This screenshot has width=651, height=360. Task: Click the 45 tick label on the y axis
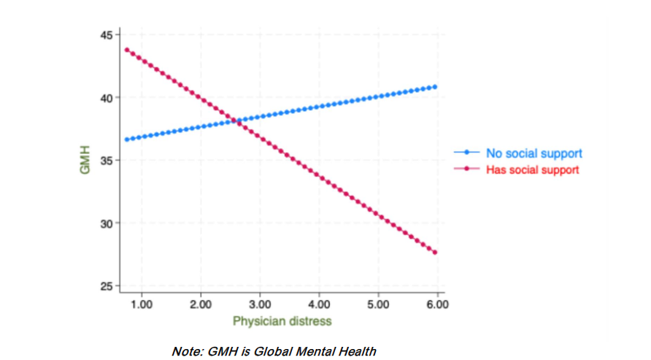coord(107,34)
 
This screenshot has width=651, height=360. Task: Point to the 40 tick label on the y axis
coord(107,97)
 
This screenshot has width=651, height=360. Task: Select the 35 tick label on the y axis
coord(107,160)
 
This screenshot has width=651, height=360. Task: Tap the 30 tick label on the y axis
coord(107,223)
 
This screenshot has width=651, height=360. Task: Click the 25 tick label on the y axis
coord(107,286)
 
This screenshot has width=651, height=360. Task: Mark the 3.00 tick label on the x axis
coord(259,303)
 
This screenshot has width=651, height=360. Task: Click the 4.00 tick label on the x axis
coord(318,303)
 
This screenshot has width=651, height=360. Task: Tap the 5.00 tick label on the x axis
coord(377,303)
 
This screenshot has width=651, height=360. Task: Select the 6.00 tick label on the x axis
coord(436,303)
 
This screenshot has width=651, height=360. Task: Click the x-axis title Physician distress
coord(282,321)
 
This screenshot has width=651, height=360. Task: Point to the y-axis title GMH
coord(85,161)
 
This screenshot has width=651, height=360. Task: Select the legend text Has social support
coord(532,169)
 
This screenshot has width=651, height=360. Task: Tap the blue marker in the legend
coord(466,153)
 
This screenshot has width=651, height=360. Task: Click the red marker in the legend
coord(466,169)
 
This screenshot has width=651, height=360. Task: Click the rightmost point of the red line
coord(436,253)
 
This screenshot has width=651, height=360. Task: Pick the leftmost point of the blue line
coord(126,139)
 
